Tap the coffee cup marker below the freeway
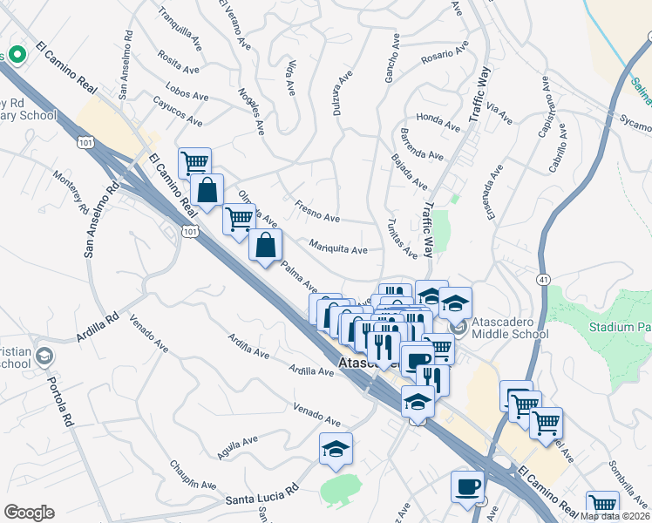(x=467, y=486)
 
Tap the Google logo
(x=29, y=513)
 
